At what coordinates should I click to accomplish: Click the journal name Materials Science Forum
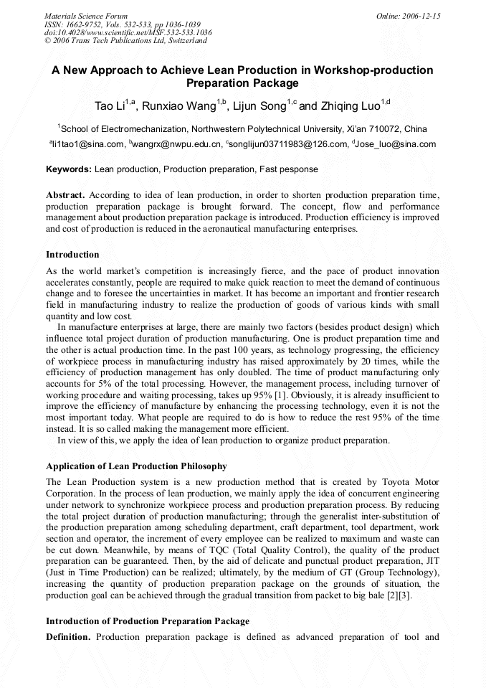[86, 15]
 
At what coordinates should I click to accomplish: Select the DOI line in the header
[128, 32]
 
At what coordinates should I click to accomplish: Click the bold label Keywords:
[69, 169]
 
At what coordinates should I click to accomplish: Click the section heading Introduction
[72, 255]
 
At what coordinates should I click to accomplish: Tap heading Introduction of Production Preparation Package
[148, 621]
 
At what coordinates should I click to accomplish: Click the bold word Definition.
[68, 637]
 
